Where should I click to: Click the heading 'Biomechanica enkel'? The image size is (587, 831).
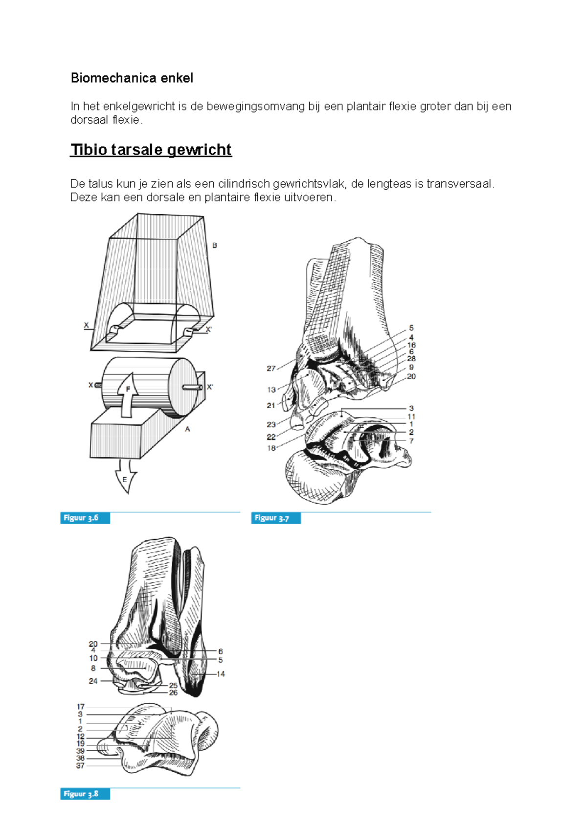tap(132, 78)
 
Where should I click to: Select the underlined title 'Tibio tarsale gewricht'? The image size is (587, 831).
tap(151, 150)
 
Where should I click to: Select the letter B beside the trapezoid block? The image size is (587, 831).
tap(214, 246)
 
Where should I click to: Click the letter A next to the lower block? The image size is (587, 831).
tap(187, 429)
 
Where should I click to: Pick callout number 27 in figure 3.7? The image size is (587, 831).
tap(271, 369)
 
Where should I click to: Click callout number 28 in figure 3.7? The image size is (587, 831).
tap(411, 359)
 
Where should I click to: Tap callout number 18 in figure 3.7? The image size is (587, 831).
tap(271, 448)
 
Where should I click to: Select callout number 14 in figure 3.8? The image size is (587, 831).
tap(221, 674)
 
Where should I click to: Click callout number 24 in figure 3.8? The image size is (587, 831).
tap(93, 681)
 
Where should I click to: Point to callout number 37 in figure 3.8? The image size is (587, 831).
tap(80, 766)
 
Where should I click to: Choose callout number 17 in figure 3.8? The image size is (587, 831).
tap(81, 707)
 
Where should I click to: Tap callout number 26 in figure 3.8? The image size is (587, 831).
tap(173, 692)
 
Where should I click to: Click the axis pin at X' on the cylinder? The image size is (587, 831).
tap(192, 388)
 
